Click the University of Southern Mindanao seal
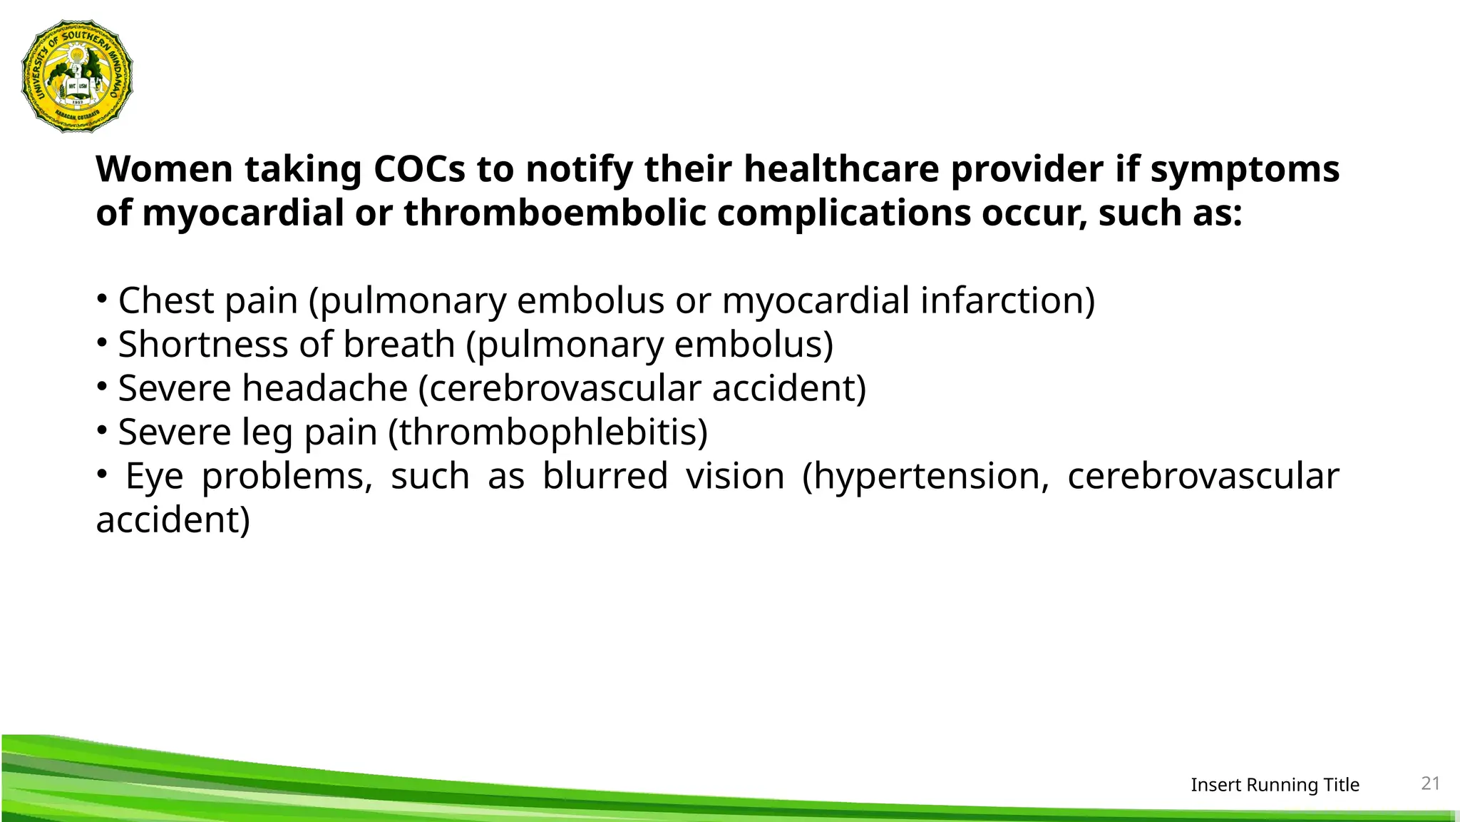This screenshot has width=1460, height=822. coord(77,76)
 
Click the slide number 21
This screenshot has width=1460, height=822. coord(1430,783)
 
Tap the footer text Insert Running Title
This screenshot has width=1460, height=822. coord(1275,785)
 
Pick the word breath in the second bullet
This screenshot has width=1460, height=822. coord(399,344)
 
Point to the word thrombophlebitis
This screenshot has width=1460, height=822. coord(548,432)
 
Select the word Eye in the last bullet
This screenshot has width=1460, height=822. coord(154,477)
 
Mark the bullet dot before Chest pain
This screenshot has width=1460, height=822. coord(102,298)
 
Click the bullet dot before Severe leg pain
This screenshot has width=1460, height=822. coord(102,430)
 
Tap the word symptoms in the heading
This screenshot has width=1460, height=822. coord(1245,170)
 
